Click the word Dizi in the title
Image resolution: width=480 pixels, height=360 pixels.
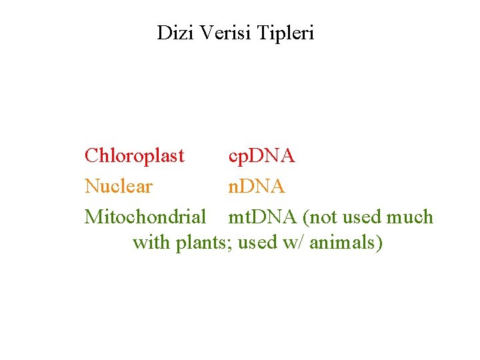(x=171, y=33)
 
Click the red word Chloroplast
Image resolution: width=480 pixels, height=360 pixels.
(x=134, y=156)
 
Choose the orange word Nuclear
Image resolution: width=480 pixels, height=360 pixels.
(x=118, y=187)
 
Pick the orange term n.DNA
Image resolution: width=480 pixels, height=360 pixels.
(x=257, y=187)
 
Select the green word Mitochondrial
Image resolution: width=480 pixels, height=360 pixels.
(x=145, y=217)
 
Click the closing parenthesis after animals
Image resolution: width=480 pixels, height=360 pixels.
(x=379, y=243)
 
